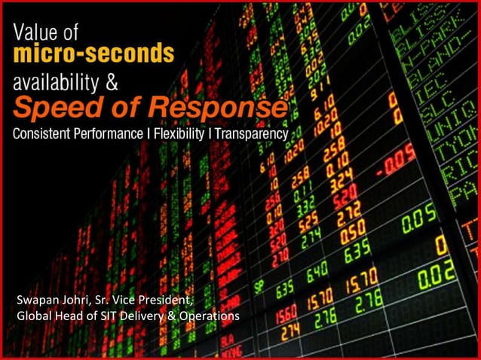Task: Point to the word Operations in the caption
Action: tap(210, 316)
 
